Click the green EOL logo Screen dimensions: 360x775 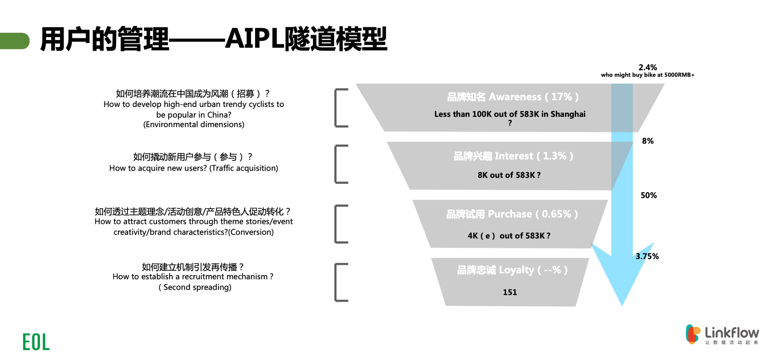(x=36, y=342)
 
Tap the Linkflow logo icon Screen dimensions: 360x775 (x=693, y=334)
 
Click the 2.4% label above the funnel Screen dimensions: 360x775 (x=647, y=67)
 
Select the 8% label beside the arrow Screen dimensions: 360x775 (x=647, y=141)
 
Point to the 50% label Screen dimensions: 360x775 (x=649, y=195)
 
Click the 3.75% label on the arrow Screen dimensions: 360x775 (x=647, y=256)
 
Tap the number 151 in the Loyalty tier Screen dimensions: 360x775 (x=510, y=292)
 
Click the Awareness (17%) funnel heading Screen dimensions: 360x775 (x=513, y=97)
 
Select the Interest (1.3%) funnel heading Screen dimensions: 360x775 (x=513, y=156)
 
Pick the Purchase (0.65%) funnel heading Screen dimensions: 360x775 (x=512, y=214)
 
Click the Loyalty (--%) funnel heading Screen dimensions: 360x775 (x=512, y=270)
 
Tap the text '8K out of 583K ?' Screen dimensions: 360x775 (x=509, y=175)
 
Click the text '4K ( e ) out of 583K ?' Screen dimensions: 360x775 (x=509, y=236)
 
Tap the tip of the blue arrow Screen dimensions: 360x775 (x=622, y=305)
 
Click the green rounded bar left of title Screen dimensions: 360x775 (x=15, y=41)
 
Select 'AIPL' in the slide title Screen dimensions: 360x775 (x=254, y=39)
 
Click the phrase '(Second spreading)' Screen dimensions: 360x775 (x=195, y=287)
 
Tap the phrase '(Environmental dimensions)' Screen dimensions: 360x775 (x=194, y=125)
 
